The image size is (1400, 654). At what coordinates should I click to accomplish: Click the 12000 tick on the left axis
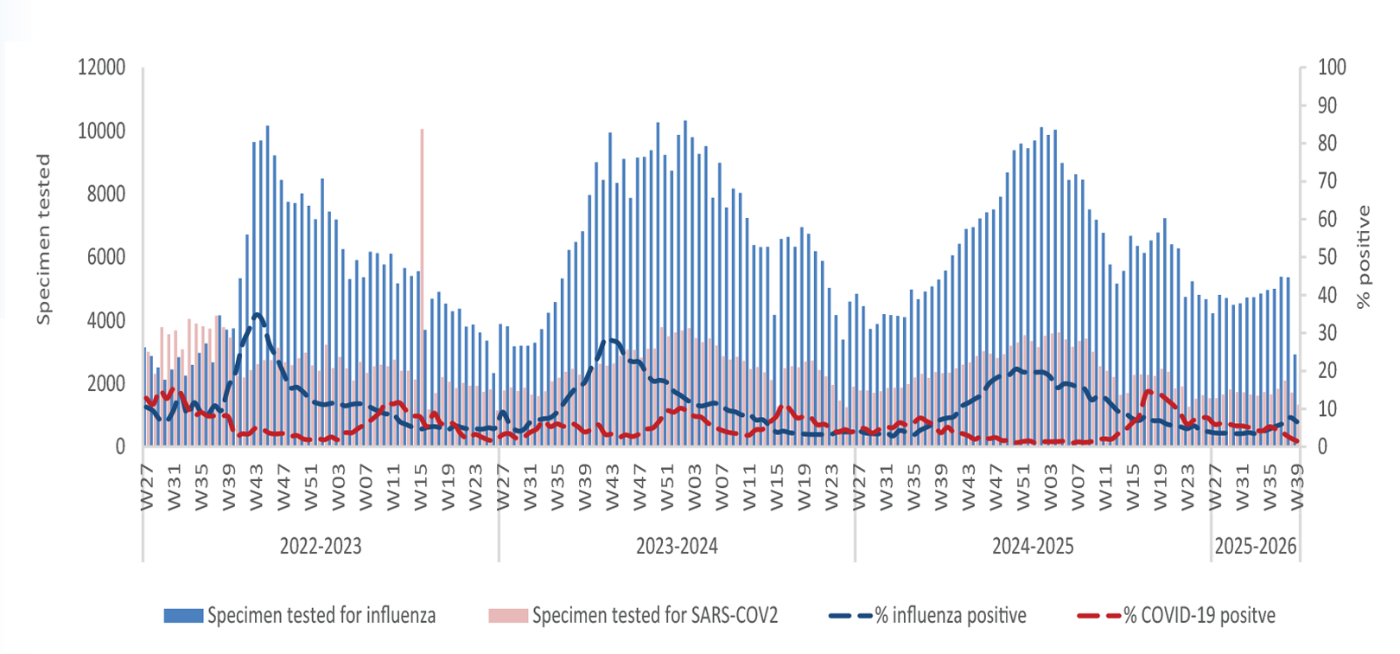[x=101, y=67]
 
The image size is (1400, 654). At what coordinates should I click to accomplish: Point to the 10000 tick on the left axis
[x=101, y=131]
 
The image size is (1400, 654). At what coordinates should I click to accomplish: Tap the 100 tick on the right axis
[x=1332, y=67]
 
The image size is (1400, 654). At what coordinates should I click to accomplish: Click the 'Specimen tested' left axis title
[x=43, y=240]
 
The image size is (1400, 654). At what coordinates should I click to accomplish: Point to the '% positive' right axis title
[x=1364, y=257]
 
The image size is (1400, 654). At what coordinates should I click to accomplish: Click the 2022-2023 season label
[x=321, y=547]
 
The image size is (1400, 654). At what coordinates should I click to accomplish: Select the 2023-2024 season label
[x=677, y=547]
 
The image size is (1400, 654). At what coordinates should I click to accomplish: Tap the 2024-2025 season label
[x=1033, y=547]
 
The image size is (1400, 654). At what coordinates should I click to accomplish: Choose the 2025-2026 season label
[x=1256, y=547]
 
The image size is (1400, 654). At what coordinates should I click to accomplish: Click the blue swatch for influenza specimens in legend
[x=183, y=616]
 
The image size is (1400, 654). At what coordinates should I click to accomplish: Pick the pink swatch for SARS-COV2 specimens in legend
[x=508, y=616]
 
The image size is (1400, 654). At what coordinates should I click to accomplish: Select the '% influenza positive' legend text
[x=951, y=616]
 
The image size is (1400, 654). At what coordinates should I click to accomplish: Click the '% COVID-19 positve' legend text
[x=1200, y=616]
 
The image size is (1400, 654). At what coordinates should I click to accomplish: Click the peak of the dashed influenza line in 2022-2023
[x=257, y=315]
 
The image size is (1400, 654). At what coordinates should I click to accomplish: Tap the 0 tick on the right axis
[x=1322, y=446]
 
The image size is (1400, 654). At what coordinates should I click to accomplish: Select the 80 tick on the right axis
[x=1327, y=144]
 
